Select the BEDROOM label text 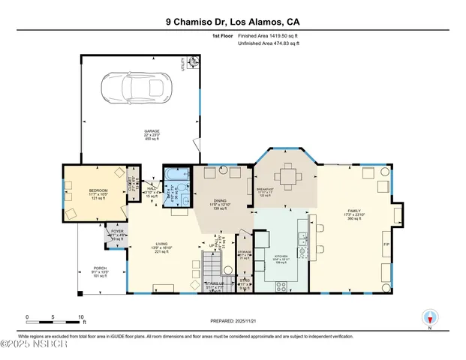point(98,190)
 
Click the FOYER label point(117,231)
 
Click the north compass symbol point(430,318)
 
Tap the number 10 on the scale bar point(80,316)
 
